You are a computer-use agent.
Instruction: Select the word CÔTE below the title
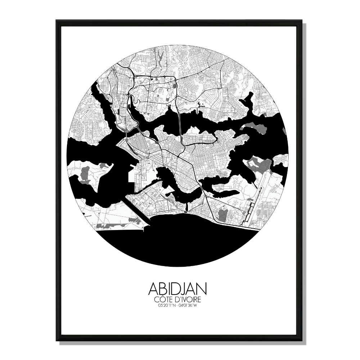[x=163, y=300]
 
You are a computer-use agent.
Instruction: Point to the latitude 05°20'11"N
[x=166, y=306]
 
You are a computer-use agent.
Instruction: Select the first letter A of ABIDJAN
[x=153, y=289]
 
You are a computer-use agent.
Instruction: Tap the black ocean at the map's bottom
[x=180, y=241]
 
